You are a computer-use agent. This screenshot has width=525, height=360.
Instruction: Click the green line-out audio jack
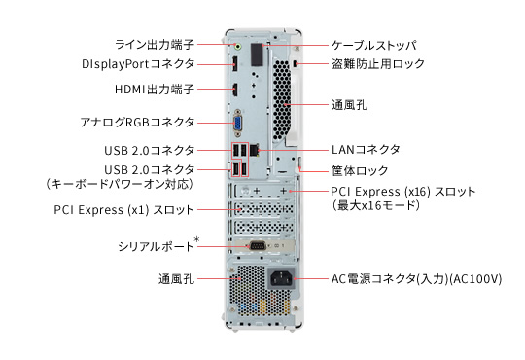pyautogui.click(x=238, y=46)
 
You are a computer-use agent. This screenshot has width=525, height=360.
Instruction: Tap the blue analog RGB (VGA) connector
pyautogui.click(x=238, y=123)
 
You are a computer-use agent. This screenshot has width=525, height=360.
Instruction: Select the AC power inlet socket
pyautogui.click(x=281, y=278)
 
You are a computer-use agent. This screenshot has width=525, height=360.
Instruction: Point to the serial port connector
pyautogui.click(x=258, y=246)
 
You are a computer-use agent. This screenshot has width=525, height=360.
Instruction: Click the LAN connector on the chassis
pyautogui.click(x=255, y=150)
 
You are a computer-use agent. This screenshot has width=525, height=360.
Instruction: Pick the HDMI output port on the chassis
pyautogui.click(x=235, y=89)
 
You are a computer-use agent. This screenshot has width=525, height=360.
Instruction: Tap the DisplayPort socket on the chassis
pyautogui.click(x=235, y=63)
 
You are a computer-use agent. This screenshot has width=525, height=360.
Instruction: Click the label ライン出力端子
pyautogui.click(x=155, y=44)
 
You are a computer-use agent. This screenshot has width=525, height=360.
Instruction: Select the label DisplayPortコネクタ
pyautogui.click(x=138, y=63)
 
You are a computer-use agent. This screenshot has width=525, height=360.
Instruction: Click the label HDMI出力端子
pyautogui.click(x=155, y=90)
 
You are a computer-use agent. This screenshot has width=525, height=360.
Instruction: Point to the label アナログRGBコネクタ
pyautogui.click(x=137, y=122)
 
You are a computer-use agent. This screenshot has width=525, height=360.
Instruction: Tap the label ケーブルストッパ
pyautogui.click(x=374, y=45)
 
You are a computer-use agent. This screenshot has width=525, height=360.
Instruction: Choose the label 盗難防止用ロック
pyautogui.click(x=378, y=63)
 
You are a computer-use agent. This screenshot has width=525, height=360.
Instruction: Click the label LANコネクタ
pyautogui.click(x=366, y=150)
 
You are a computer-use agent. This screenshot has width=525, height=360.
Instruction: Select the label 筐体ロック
pyautogui.click(x=360, y=170)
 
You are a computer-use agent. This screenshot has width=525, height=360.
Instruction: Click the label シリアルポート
pyautogui.click(x=156, y=247)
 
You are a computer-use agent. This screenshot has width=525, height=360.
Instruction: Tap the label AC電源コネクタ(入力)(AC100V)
pyautogui.click(x=416, y=279)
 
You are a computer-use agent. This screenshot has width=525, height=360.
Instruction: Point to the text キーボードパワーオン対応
pyautogui.click(x=120, y=184)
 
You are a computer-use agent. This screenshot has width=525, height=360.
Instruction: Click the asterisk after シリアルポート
pyautogui.click(x=196, y=239)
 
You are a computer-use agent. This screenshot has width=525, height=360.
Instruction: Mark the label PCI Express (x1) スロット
pyautogui.click(x=123, y=210)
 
